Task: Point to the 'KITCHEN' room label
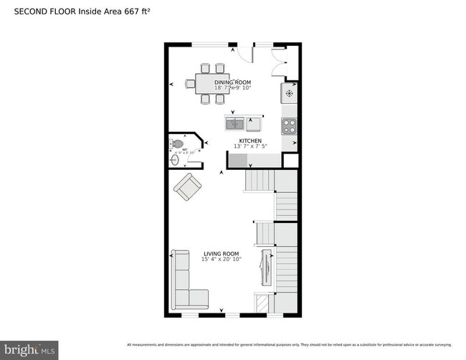click(x=250, y=141)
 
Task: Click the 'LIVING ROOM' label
click(x=222, y=253)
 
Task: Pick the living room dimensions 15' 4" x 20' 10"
click(x=222, y=259)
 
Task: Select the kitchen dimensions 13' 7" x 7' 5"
click(x=250, y=146)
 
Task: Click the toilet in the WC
click(x=179, y=143)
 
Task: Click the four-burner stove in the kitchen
click(x=289, y=126)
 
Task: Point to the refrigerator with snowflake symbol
click(x=290, y=93)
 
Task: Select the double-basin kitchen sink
click(x=235, y=123)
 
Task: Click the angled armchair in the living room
click(x=187, y=186)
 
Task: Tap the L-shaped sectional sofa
click(x=185, y=283)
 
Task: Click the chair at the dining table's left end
click(x=190, y=83)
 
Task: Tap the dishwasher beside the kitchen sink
click(x=253, y=123)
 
